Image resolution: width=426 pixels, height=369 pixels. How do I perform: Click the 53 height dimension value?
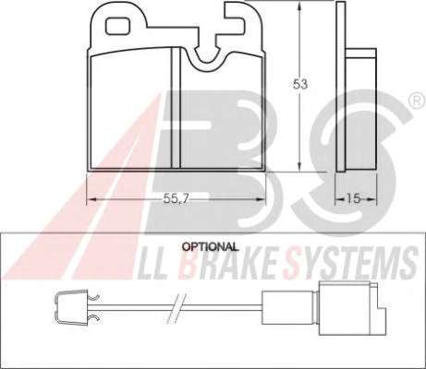(300, 84)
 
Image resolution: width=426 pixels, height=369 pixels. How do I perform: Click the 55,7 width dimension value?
(176, 199)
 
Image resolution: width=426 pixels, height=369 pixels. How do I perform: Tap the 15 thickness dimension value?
(353, 198)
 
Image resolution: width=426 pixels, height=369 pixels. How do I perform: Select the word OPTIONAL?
(210, 246)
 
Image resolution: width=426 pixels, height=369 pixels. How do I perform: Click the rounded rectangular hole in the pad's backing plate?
(117, 26)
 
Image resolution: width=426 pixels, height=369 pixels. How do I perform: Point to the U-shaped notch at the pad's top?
(206, 57)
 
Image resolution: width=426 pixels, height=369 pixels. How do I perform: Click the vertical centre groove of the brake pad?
(176, 108)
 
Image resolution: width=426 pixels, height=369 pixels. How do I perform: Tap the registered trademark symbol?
(418, 101)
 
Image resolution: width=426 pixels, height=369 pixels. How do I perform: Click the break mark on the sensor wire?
(177, 308)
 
